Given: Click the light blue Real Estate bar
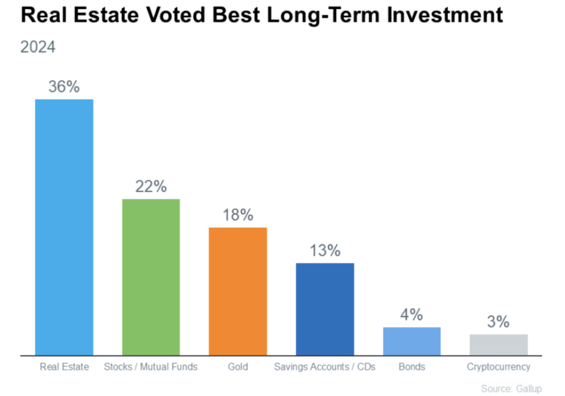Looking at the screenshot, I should click(64, 227).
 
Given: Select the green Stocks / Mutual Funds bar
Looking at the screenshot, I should click(151, 277).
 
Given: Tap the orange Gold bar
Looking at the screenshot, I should click(238, 291).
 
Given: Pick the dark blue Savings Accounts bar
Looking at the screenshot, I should click(325, 309).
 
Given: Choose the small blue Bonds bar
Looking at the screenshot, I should click(412, 341).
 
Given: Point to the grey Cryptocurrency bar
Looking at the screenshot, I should click(499, 345).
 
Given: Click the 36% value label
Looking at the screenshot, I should click(64, 87).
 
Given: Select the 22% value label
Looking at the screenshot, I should click(151, 187).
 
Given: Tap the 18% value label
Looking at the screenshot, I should click(238, 215).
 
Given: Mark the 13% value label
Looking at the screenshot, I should click(325, 251).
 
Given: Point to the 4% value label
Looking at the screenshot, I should click(412, 315).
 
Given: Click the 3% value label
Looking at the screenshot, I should click(499, 322).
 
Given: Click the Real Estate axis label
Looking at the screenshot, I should click(64, 367).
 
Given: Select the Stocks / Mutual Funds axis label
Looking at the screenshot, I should click(151, 367).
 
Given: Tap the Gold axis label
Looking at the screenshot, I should click(238, 367).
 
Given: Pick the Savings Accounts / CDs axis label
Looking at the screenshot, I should click(325, 367).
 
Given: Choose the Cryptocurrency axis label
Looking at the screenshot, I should click(499, 367).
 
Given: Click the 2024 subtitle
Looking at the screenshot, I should click(38, 47).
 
